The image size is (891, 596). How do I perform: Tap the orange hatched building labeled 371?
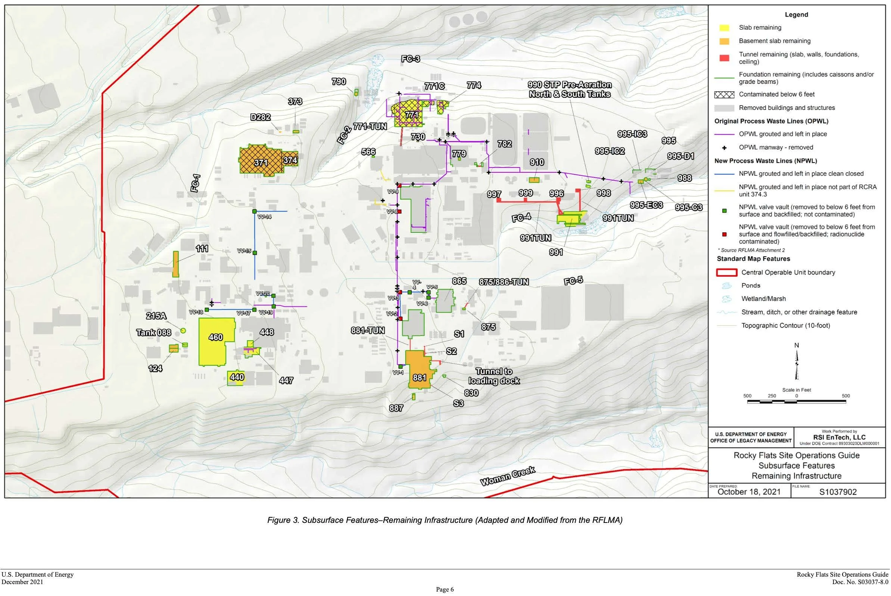[261, 161]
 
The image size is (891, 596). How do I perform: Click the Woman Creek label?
[508, 476]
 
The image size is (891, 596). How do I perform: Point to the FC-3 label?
[411, 59]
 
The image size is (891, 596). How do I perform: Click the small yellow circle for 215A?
[183, 331]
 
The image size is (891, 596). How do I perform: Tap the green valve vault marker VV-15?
[255, 253]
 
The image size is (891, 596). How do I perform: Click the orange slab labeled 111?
[175, 264]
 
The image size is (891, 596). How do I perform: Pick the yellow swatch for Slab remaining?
[724, 28]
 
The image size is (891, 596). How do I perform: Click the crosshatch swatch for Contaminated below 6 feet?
[724, 95]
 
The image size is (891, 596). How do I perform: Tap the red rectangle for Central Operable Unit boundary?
[727, 273]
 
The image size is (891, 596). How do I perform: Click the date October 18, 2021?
[749, 492]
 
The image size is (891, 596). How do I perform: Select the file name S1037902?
[838, 492]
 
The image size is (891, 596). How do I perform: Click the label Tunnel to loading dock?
[494, 376]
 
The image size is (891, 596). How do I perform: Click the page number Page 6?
[445, 590]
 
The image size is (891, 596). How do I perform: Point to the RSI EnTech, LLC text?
[839, 437]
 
